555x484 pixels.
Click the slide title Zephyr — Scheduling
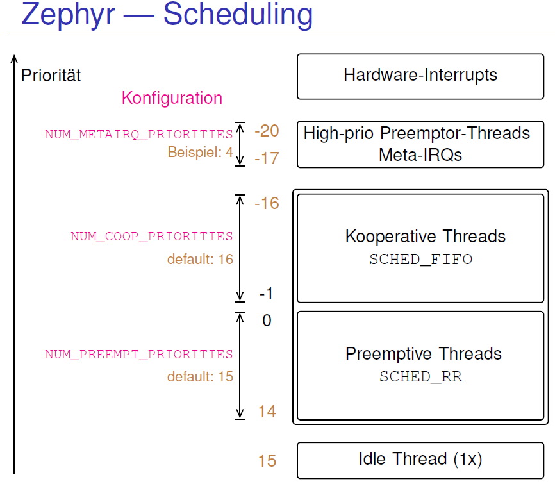[x=167, y=15]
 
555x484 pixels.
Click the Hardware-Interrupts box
[x=420, y=76]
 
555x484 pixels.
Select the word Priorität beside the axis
[x=51, y=76]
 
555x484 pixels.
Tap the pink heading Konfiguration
[x=172, y=98]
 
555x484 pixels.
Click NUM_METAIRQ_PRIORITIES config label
[x=138, y=135]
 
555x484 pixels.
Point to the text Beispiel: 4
[x=200, y=153]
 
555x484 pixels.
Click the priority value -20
[x=267, y=131]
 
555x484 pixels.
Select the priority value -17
[x=267, y=158]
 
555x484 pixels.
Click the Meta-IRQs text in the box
[x=420, y=155]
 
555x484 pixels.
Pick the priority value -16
[x=267, y=203]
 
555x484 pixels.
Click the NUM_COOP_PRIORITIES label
[x=151, y=237]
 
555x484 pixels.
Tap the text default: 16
[x=200, y=260]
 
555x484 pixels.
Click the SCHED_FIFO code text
[x=420, y=259]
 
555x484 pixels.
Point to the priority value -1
[x=267, y=294]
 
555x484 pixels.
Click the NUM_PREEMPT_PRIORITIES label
[x=138, y=355]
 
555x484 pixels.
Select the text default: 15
[x=200, y=377]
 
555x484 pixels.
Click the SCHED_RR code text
[x=420, y=377]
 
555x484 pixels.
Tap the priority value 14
[x=267, y=412]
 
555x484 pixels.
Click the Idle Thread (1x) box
[x=420, y=459]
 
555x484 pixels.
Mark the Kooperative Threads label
[x=425, y=237]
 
